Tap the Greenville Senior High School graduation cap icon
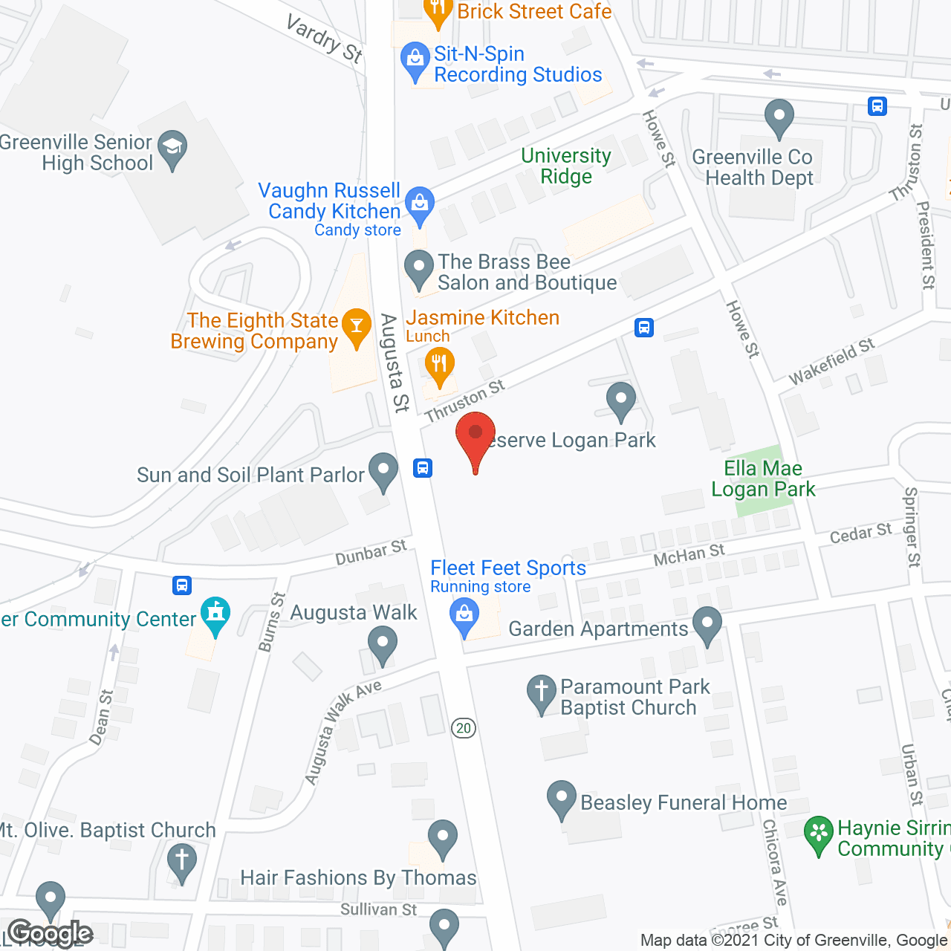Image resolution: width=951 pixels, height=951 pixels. tap(172, 148)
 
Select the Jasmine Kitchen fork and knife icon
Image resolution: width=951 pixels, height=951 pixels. tap(439, 366)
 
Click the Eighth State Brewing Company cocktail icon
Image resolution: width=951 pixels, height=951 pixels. tap(357, 326)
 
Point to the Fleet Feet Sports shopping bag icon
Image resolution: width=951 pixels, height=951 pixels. tap(464, 616)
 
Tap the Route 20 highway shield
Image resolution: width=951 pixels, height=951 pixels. tap(464, 728)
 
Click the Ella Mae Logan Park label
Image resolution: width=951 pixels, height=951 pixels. tap(763, 478)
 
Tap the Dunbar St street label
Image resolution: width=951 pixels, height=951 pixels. tap(371, 553)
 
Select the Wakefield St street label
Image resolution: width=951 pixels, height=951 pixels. tap(831, 362)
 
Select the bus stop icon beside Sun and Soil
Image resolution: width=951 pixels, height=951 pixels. tap(423, 468)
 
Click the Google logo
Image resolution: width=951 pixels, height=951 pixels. tap(51, 933)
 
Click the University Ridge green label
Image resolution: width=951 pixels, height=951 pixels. tap(566, 166)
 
